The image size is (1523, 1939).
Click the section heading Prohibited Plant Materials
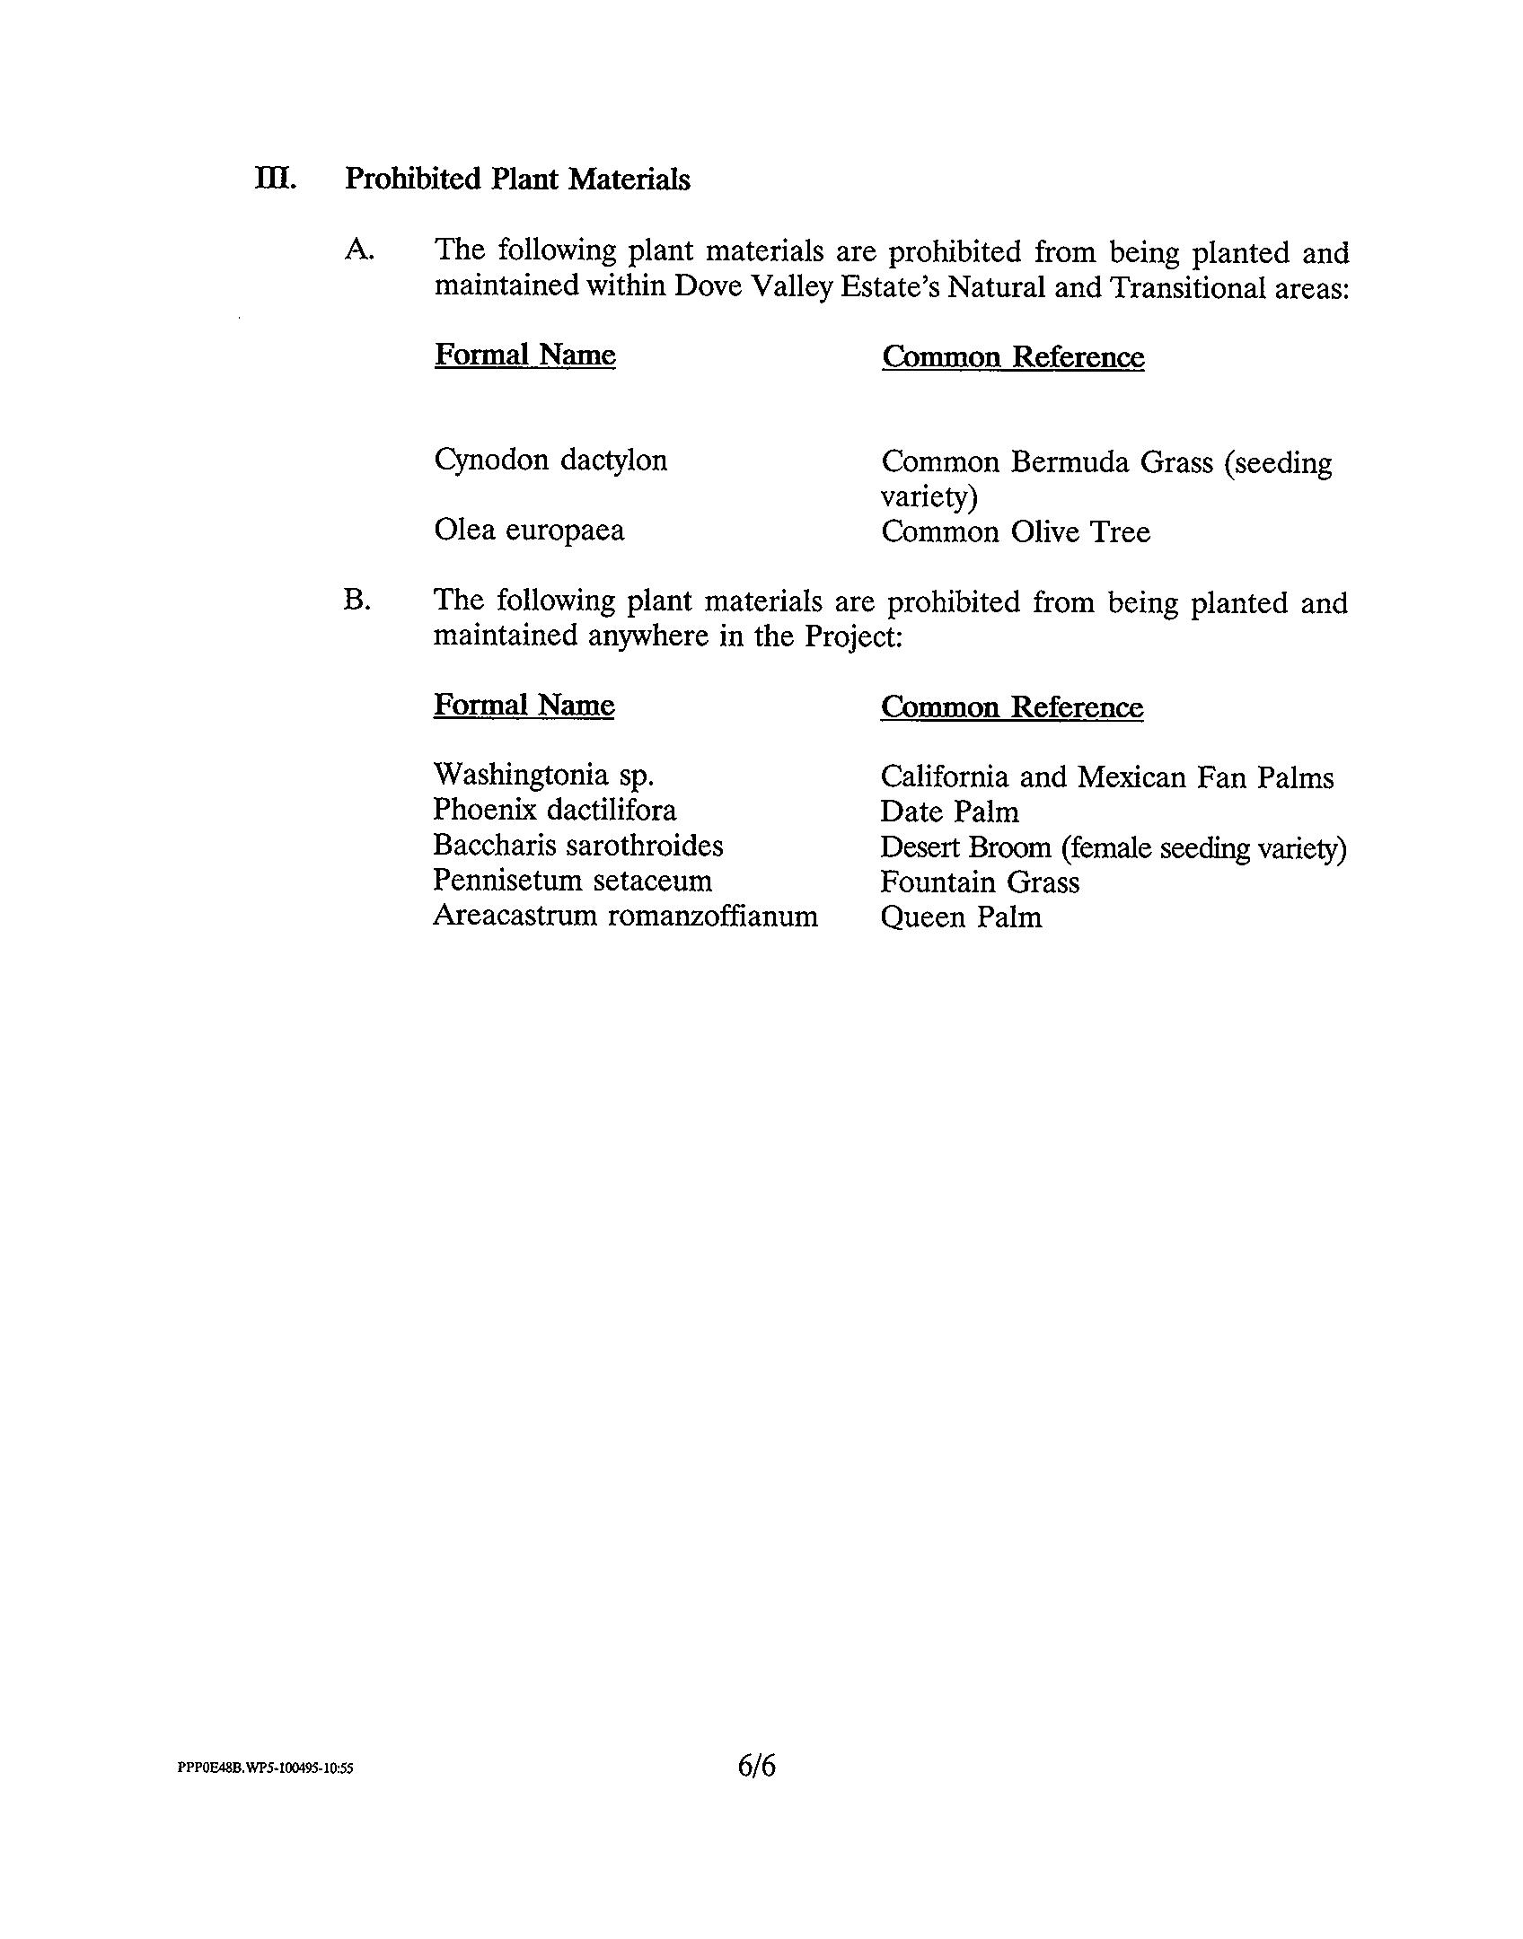(517, 180)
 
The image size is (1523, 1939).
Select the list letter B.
(357, 600)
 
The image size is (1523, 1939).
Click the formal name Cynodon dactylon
(550, 461)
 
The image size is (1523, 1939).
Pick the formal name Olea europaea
(529, 531)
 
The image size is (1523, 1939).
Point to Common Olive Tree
(1015, 532)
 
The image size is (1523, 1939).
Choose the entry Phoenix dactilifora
(554, 810)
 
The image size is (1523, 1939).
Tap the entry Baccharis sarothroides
(577, 846)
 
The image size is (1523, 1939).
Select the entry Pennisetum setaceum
(572, 881)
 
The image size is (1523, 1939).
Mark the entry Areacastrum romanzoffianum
(625, 917)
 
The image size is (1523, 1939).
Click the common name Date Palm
(949, 812)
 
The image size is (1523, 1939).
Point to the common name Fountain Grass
(979, 882)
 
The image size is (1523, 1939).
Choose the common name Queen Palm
(961, 917)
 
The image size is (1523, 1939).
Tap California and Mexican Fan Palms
(1106, 776)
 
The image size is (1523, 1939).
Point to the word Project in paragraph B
(850, 636)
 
